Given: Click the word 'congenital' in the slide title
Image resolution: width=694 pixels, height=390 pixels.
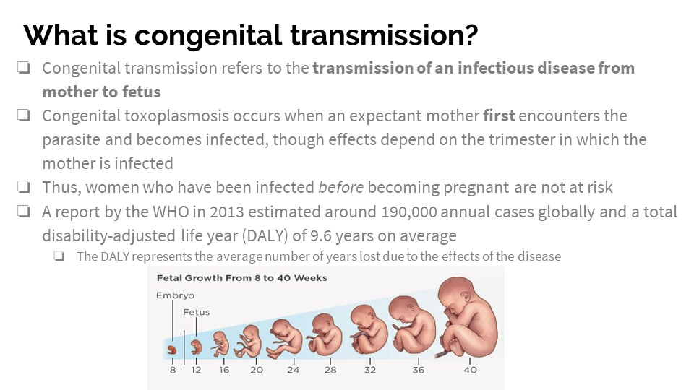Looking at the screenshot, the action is pos(208,35).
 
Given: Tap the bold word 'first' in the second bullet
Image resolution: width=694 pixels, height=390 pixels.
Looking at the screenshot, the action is pos(499,116).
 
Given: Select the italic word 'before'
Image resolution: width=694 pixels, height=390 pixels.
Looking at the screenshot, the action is pos(340,188).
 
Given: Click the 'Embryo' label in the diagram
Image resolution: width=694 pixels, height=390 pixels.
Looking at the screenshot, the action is pos(175,295).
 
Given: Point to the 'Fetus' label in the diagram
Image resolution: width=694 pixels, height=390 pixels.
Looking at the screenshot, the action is pos(196,312).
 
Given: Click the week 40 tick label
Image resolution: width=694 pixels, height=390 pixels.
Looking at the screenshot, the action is pos(470,370).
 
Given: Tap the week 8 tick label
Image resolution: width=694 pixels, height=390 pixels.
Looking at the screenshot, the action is pos(173,370).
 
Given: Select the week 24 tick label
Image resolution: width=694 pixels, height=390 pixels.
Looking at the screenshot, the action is pos(293,370).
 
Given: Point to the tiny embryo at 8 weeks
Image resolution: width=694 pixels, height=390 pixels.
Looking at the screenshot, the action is pos(172,350).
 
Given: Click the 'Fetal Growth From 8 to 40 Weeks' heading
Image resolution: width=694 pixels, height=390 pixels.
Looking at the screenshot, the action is pos(241,278).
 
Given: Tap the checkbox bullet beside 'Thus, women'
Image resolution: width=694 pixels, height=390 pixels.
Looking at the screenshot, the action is pos(24,187).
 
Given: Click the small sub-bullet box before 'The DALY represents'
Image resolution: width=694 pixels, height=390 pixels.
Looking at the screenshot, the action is pos(59,256).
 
